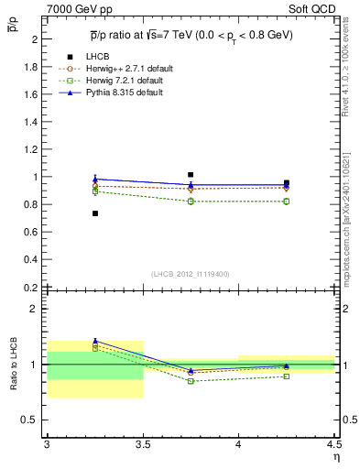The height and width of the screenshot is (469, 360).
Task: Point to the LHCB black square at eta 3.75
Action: (191, 174)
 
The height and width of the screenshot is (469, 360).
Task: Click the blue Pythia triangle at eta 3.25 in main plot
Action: (94, 179)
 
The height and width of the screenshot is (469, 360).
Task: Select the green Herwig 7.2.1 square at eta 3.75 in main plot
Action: (191, 202)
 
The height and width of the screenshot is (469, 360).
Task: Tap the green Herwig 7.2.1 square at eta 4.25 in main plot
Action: (287, 202)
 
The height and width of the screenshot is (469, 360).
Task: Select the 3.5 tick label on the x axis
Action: (143, 444)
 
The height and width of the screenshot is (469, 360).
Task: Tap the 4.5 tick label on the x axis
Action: (333, 444)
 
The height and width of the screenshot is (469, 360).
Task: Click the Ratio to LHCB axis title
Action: (15, 365)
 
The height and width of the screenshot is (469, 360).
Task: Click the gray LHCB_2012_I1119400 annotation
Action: (191, 274)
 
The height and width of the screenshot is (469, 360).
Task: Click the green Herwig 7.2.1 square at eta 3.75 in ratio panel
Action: (191, 381)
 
